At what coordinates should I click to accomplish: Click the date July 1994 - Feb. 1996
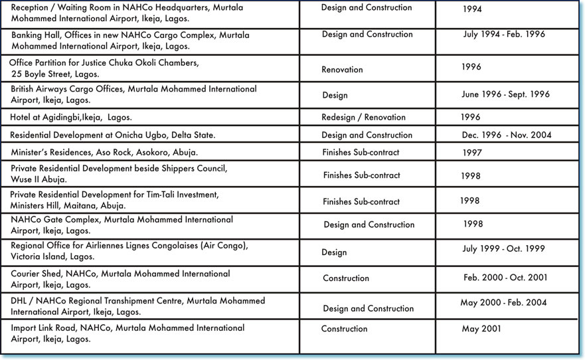pyautogui.click(x=504, y=34)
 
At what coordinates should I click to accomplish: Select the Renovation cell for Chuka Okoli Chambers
pyautogui.click(x=342, y=69)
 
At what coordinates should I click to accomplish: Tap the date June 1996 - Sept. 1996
pyautogui.click(x=505, y=94)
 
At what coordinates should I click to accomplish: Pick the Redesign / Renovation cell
pyautogui.click(x=363, y=117)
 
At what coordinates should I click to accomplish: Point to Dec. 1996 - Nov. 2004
pyautogui.click(x=507, y=135)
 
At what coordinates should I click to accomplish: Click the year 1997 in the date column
pyautogui.click(x=472, y=153)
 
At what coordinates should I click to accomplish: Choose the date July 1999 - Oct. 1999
pyautogui.click(x=503, y=248)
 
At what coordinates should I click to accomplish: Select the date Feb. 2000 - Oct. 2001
pyautogui.click(x=505, y=278)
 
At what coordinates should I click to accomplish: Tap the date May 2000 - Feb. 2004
pyautogui.click(x=503, y=303)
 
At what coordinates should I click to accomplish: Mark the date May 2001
pyautogui.click(x=481, y=328)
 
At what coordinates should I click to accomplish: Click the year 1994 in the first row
pyautogui.click(x=472, y=9)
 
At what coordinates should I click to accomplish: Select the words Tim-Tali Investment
pyautogui.click(x=187, y=195)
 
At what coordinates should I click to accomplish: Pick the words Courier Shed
pyautogui.click(x=37, y=274)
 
